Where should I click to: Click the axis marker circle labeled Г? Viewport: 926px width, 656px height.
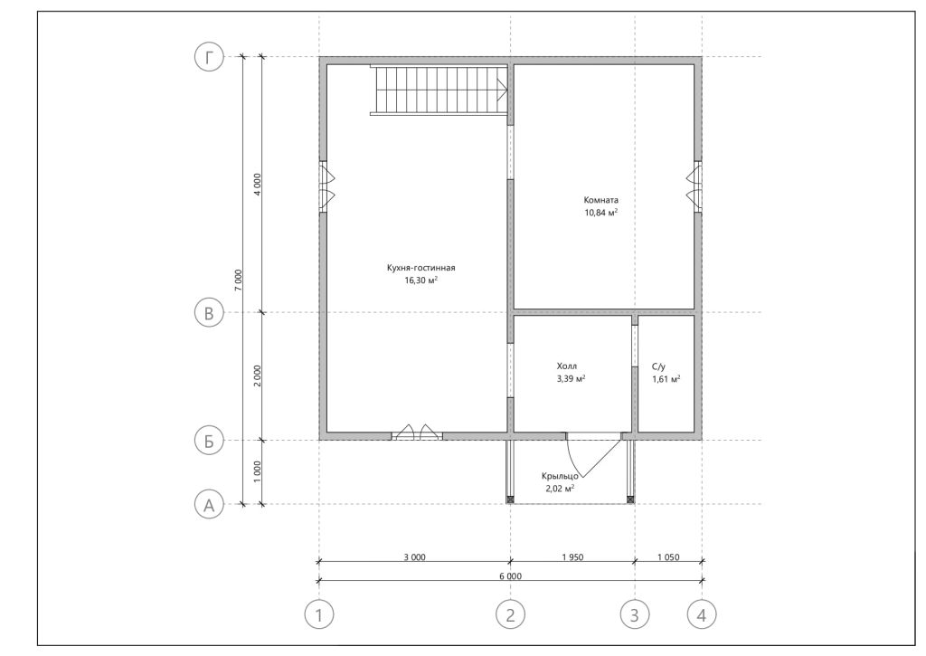point(209,57)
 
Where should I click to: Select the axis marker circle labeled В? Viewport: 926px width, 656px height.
point(209,313)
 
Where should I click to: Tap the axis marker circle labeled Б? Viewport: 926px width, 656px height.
point(209,441)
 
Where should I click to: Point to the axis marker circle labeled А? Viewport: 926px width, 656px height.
point(209,505)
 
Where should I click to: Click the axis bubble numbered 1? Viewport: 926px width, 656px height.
point(319,615)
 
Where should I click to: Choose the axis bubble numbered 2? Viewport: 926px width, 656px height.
point(510,615)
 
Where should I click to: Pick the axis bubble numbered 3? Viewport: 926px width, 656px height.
point(635,615)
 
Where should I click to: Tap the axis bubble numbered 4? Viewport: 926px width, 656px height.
point(702,615)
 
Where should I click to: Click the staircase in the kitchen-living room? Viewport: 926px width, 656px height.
point(439,90)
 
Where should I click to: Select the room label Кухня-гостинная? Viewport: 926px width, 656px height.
point(421,268)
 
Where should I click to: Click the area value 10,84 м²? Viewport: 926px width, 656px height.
point(601,213)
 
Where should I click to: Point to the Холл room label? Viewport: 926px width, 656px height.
point(567,366)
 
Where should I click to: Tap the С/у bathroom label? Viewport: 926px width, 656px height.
point(659,367)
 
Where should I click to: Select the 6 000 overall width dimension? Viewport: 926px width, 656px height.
point(510,576)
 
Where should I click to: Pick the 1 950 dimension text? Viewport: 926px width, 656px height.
point(572,557)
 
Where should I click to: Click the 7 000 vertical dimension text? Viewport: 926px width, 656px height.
point(238,280)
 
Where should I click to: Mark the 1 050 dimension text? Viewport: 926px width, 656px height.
point(668,557)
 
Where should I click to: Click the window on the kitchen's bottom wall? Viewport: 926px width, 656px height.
point(417,433)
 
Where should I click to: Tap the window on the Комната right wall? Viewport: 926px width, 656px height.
point(694,186)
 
